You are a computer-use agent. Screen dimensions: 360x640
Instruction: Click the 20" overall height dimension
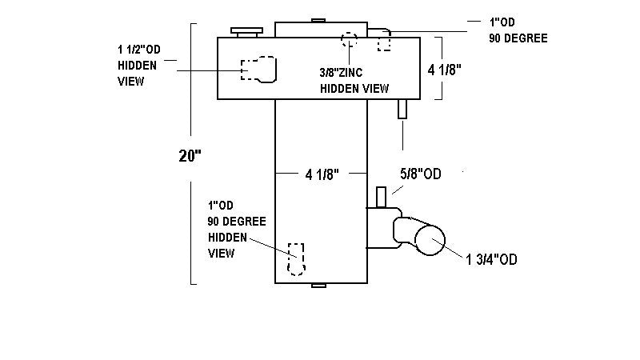point(190,155)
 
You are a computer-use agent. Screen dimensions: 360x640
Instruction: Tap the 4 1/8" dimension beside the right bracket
point(446,70)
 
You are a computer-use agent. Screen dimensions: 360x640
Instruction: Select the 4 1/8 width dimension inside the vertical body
point(322,174)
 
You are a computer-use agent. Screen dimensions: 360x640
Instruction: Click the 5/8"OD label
point(421,174)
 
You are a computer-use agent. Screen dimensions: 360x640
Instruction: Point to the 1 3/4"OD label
point(492,258)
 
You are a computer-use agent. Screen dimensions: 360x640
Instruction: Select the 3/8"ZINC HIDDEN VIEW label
point(354,80)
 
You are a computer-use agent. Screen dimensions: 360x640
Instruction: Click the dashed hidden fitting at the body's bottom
point(297,258)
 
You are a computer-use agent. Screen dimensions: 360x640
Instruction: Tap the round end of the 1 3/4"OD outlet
point(430,242)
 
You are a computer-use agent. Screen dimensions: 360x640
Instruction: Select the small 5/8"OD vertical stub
point(382,196)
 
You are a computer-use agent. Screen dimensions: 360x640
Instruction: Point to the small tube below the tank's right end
point(403,109)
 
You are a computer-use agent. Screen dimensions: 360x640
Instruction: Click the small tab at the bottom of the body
point(318,286)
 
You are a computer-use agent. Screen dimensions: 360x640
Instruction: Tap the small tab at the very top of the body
point(318,20)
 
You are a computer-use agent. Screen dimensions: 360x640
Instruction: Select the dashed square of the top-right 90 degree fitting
point(384,42)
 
